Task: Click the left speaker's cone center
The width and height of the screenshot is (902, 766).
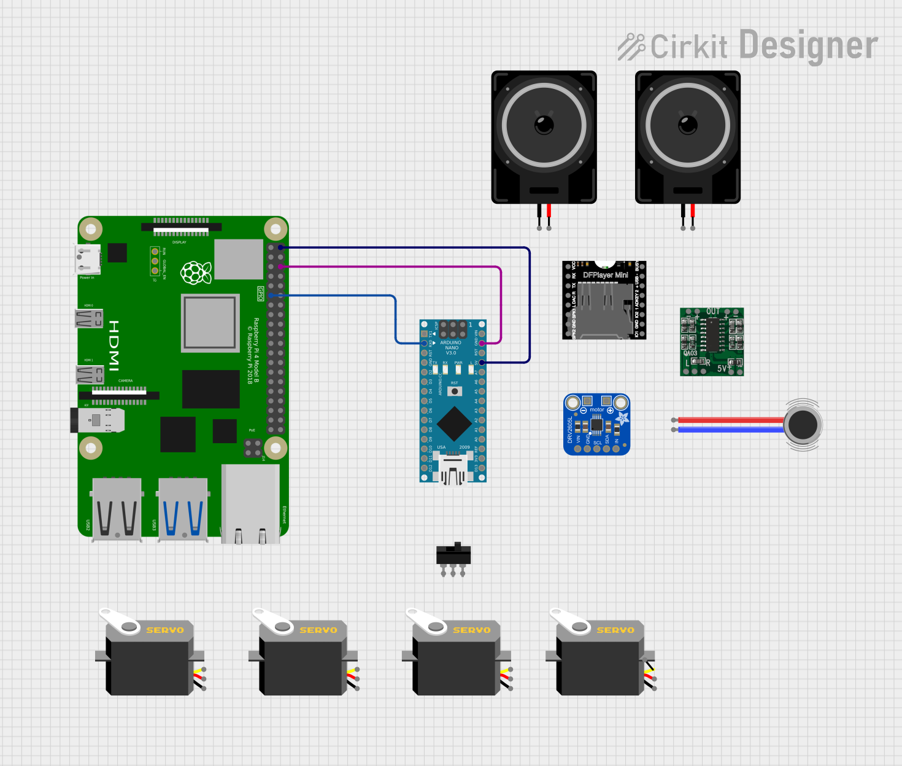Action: coord(544,125)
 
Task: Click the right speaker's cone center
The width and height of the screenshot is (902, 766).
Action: coord(687,125)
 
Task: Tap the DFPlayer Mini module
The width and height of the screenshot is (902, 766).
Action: coord(604,300)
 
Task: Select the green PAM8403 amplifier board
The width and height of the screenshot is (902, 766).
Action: coord(712,341)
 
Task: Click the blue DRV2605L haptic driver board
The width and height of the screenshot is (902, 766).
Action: coord(596,425)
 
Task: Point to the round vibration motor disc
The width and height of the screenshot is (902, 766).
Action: coord(803,425)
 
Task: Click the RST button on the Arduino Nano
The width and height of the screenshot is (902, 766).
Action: coord(455,391)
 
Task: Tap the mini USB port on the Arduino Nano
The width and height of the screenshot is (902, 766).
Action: coord(452,470)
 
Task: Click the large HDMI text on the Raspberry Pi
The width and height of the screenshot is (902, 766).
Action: coord(114,346)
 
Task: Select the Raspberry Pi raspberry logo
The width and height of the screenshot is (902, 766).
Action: coord(196,272)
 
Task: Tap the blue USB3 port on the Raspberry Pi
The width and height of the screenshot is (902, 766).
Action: coord(183,509)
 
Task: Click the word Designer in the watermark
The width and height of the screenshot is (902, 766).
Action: coord(808,46)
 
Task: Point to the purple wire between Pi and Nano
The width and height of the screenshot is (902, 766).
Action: coord(393,267)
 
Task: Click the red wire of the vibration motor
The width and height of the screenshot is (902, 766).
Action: coord(730,420)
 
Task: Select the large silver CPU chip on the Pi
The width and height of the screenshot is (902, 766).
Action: coord(210,323)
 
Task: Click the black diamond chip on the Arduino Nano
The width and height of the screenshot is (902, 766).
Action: coord(454,422)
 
